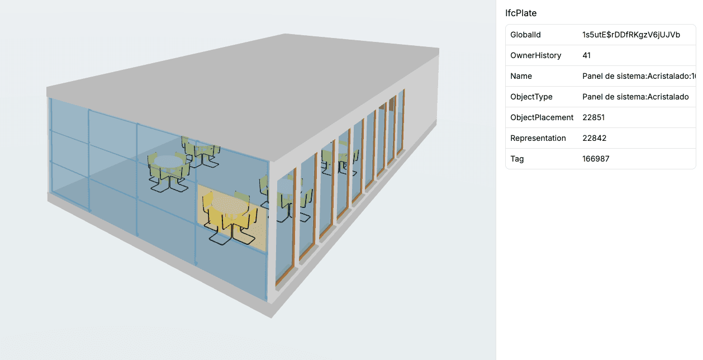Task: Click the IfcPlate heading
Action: point(521,13)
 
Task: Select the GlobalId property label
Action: point(525,35)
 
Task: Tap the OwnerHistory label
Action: point(535,55)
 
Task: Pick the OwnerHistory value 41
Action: point(586,55)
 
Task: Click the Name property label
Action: point(521,76)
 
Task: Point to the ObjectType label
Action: point(531,97)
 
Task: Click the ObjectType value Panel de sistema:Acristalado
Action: point(635,97)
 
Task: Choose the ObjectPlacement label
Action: point(541,117)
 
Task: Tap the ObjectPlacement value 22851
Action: point(593,117)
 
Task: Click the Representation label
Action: point(538,138)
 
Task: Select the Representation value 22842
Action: point(593,138)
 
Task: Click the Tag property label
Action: point(517,159)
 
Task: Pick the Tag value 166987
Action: point(596,159)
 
